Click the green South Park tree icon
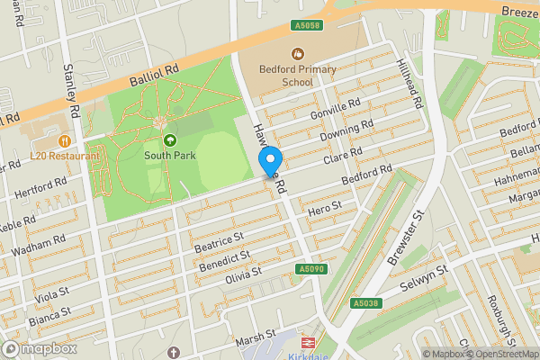coord(170,140)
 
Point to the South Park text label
coord(169,156)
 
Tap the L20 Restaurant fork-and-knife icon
coord(64,141)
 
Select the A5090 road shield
coord(310,269)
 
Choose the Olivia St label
coord(243,273)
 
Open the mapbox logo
coord(39,348)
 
